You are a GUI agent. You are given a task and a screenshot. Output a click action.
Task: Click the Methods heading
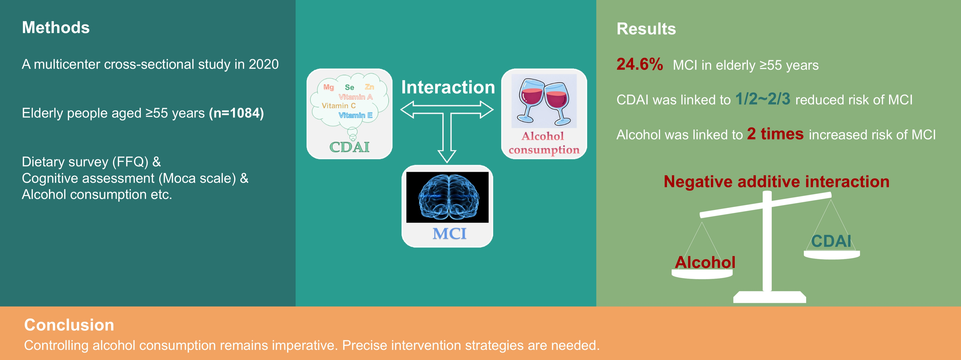pyautogui.click(x=56, y=28)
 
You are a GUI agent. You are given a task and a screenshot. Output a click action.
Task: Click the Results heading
pyautogui.click(x=646, y=29)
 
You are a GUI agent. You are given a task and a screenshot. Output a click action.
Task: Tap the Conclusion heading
pyautogui.click(x=69, y=325)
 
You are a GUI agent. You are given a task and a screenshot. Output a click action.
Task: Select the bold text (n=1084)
pyautogui.click(x=236, y=113)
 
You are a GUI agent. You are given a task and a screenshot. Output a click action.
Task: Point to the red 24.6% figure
pyautogui.click(x=640, y=64)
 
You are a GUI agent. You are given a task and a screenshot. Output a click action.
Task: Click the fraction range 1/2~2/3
pyautogui.click(x=762, y=99)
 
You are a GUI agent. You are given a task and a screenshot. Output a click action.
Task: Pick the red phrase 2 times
pyautogui.click(x=775, y=134)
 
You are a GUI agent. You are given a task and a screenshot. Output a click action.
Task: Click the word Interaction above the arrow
pyautogui.click(x=448, y=87)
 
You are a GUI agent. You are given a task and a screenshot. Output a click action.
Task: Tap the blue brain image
pyautogui.click(x=447, y=197)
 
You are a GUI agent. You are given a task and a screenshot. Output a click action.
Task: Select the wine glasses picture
pyautogui.click(x=544, y=101)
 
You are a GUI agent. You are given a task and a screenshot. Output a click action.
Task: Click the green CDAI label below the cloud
pyautogui.click(x=349, y=147)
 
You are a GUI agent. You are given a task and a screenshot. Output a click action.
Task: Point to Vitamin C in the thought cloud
pyautogui.click(x=339, y=106)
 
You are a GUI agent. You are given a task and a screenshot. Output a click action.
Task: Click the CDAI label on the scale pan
pyautogui.click(x=831, y=241)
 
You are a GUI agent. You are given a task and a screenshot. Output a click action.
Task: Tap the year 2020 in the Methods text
pyautogui.click(x=263, y=64)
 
